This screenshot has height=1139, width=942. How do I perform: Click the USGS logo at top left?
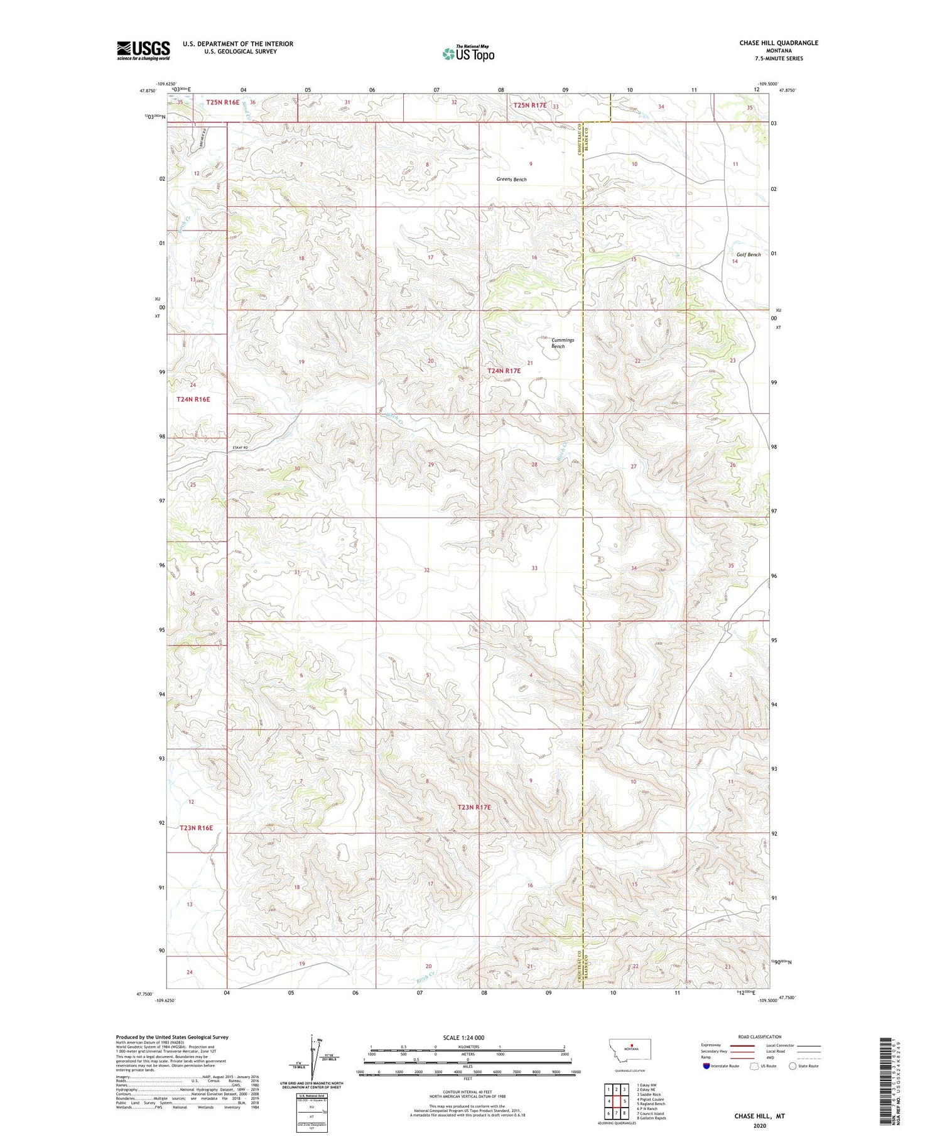(143, 50)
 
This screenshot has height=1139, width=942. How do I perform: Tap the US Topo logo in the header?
(468, 54)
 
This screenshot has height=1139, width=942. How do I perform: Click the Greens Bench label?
(511, 180)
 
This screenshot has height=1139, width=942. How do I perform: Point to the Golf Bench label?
(749, 254)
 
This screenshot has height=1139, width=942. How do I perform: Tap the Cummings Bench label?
(558, 343)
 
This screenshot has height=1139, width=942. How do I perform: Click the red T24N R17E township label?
(504, 371)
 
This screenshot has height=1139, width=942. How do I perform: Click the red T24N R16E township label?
(193, 399)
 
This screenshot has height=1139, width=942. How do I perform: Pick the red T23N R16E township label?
(196, 828)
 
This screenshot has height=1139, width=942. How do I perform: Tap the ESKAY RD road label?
(241, 447)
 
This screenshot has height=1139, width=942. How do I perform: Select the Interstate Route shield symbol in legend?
(706, 1066)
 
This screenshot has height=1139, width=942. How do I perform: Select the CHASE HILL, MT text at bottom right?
(759, 1116)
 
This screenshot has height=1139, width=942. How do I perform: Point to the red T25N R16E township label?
(223, 102)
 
